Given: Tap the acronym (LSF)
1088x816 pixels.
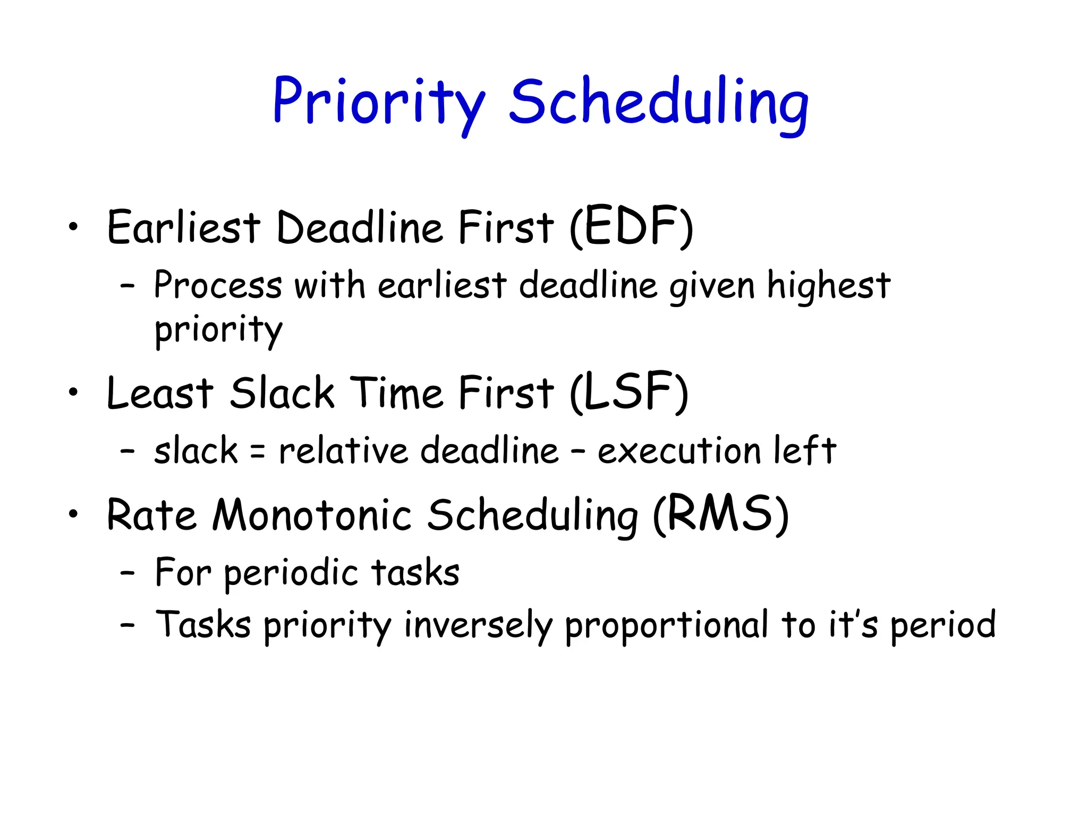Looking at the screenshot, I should (629, 393).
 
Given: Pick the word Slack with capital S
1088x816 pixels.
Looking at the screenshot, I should (282, 393).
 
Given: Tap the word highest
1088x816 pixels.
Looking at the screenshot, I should (829, 286).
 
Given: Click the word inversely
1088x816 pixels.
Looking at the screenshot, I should (478, 625).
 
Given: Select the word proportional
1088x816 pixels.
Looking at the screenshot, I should (666, 625).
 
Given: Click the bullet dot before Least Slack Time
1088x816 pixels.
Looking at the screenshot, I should (73, 393).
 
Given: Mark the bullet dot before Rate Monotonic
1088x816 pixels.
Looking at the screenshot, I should (73, 514).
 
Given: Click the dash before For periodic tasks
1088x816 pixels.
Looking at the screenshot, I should (127, 573).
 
